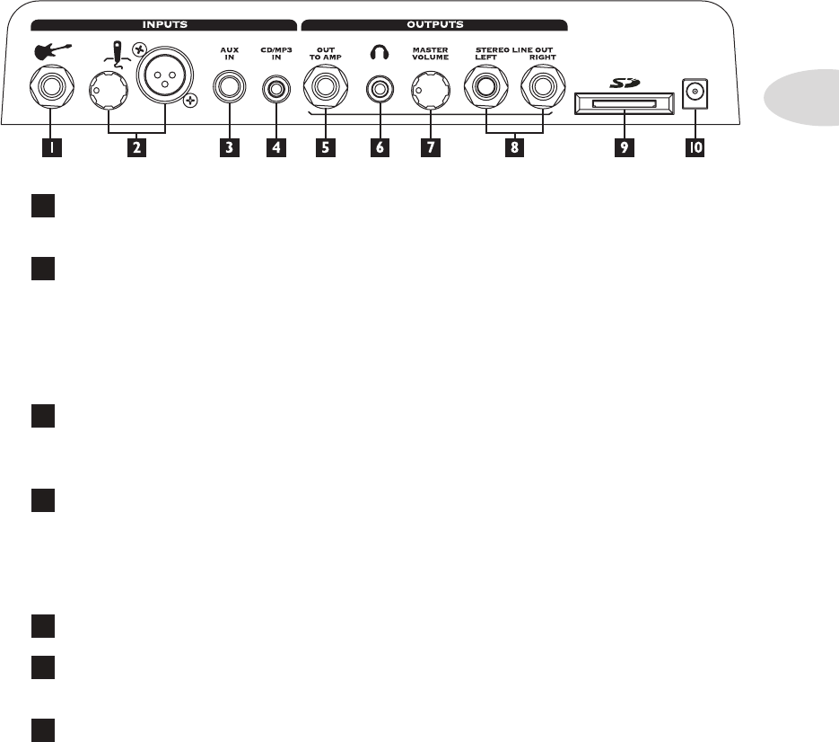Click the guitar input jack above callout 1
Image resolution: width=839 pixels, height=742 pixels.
click(x=50, y=90)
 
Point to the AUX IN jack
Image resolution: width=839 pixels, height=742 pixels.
click(x=230, y=90)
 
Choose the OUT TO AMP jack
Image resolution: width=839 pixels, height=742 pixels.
click(x=325, y=90)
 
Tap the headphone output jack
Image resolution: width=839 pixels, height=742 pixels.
click(x=379, y=90)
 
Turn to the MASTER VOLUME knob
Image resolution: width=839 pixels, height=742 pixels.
click(x=430, y=90)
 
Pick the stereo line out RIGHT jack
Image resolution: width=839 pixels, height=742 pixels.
click(x=541, y=90)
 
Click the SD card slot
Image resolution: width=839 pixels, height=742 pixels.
click(x=620, y=105)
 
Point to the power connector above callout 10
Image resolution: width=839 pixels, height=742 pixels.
click(x=692, y=92)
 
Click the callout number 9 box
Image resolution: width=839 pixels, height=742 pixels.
click(x=620, y=148)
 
